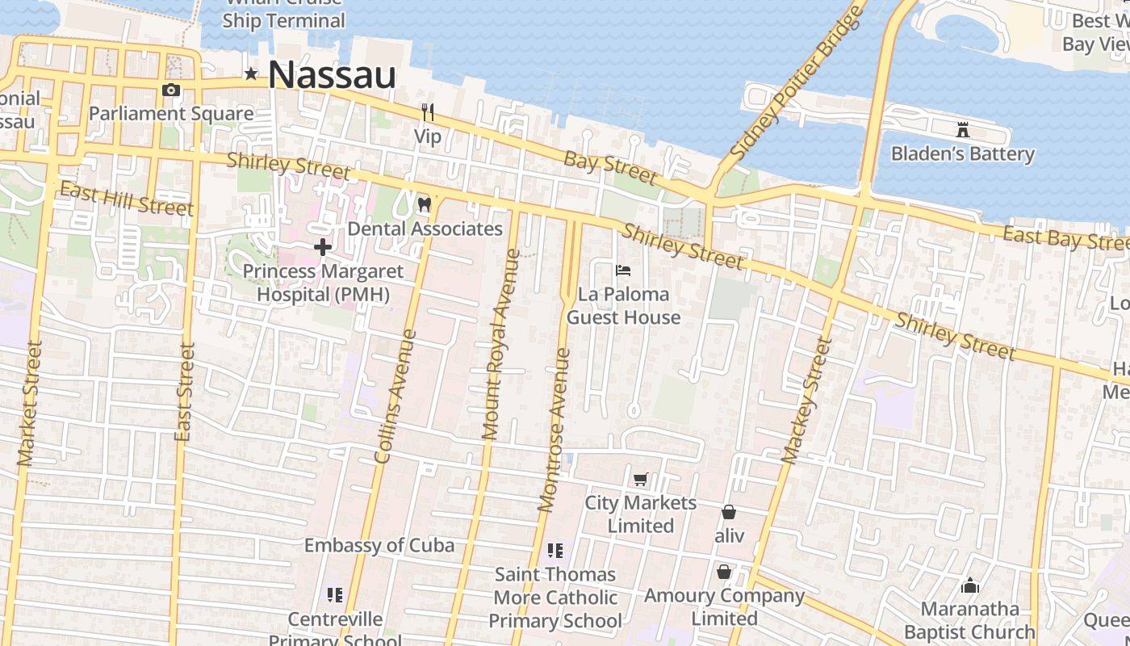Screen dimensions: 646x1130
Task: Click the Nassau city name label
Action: pyautogui.click(x=332, y=75)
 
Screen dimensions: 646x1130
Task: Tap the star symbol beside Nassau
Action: pyautogui.click(x=251, y=75)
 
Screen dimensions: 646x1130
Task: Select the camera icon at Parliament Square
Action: pyautogui.click(x=171, y=90)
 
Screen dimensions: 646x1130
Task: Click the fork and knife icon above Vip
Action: pyautogui.click(x=428, y=112)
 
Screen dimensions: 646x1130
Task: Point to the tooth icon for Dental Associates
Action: pyautogui.click(x=424, y=205)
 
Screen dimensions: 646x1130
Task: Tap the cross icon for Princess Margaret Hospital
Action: pyautogui.click(x=322, y=247)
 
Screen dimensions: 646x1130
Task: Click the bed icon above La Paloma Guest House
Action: pyautogui.click(x=623, y=271)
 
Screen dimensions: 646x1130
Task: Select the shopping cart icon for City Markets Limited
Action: pyautogui.click(x=641, y=480)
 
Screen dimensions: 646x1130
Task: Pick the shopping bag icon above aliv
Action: pyautogui.click(x=728, y=512)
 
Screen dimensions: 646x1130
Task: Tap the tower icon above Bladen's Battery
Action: pyautogui.click(x=962, y=129)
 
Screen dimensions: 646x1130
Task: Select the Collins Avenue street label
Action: pyautogui.click(x=395, y=396)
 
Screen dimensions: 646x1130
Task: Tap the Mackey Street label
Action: pyautogui.click(x=806, y=401)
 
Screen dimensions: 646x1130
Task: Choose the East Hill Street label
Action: pyautogui.click(x=127, y=199)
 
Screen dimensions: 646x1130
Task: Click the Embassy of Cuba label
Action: pyautogui.click(x=379, y=545)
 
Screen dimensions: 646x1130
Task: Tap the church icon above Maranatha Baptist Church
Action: pyautogui.click(x=970, y=585)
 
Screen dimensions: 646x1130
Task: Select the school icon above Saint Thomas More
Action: pyautogui.click(x=555, y=551)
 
